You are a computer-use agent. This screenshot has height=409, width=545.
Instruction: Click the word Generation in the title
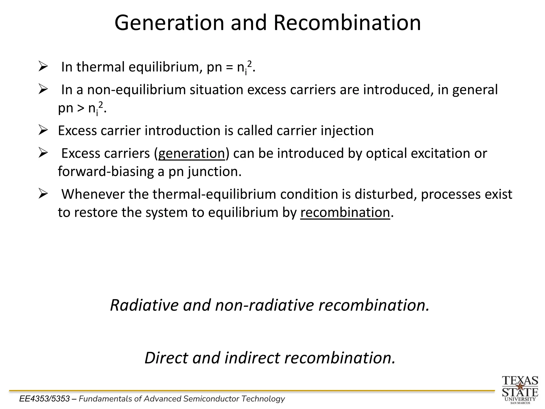click(x=169, y=23)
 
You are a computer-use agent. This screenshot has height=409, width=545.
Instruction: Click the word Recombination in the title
click(x=347, y=23)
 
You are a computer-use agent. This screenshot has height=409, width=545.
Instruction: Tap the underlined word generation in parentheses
click(x=192, y=154)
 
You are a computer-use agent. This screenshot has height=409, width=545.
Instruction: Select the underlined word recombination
click(x=345, y=213)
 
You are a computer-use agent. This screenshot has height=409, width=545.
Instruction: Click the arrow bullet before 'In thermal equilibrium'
click(x=43, y=66)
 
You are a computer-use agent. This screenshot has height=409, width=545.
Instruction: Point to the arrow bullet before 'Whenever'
click(x=43, y=194)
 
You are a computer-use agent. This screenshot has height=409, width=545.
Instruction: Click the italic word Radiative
click(x=144, y=305)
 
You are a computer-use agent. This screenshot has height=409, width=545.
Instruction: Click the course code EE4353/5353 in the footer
click(x=44, y=399)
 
